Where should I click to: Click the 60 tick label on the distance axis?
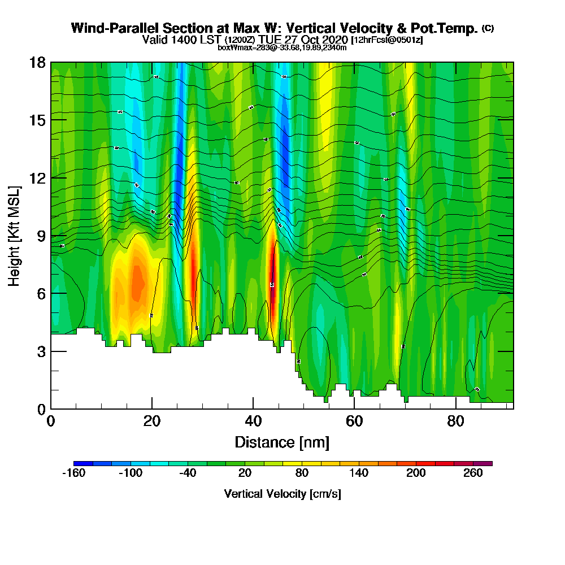[354, 421]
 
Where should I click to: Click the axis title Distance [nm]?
[282, 442]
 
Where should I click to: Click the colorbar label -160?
[73, 473]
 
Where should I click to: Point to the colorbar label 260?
[473, 473]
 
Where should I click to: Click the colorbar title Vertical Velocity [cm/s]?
[282, 494]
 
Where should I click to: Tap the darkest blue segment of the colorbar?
[83, 463]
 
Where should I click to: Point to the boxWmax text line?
[282, 47]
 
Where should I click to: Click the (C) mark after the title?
[488, 28]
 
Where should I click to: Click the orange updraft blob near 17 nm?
[137, 282]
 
